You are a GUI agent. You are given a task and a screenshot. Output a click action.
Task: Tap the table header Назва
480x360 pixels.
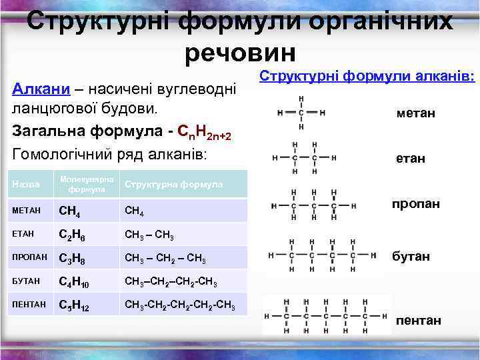[x=25, y=184]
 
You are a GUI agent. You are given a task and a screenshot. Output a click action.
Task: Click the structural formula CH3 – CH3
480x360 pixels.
[x=150, y=235]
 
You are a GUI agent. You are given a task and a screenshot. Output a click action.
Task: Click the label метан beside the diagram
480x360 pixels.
[x=415, y=114]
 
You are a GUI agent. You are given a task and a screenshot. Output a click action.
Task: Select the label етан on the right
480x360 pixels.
[x=409, y=159]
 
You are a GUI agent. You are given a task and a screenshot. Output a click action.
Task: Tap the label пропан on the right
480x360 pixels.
[x=416, y=203]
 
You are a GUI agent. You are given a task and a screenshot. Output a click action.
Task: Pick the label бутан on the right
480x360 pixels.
[x=411, y=256]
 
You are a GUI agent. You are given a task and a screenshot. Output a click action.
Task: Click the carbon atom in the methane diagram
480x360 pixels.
[x=302, y=112]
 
